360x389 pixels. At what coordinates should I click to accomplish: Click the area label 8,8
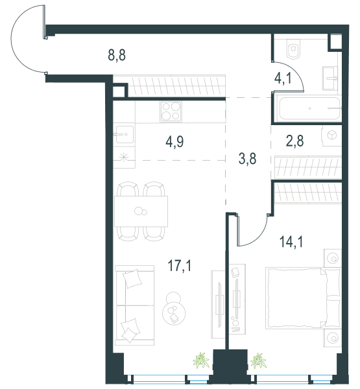tap(117, 55)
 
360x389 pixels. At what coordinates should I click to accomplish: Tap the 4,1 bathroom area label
tap(283, 78)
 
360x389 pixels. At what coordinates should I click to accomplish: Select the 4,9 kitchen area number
tap(174, 142)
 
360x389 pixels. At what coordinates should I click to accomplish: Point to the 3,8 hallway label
tap(247, 159)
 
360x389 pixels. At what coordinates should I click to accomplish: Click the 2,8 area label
tap(294, 141)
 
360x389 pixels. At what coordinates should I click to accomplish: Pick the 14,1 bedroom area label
tap(291, 242)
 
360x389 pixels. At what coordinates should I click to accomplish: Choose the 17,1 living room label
tap(180, 266)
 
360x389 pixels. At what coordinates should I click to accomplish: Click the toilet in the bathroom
tap(293, 49)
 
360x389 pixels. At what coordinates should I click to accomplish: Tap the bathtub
tap(309, 108)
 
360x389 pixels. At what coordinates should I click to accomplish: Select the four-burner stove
tap(171, 112)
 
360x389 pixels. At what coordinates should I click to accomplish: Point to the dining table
tap(141, 211)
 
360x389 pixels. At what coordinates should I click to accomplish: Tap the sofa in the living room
tap(135, 305)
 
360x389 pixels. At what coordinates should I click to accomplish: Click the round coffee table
tap(174, 313)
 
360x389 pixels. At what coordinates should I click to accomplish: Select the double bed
tap(303, 298)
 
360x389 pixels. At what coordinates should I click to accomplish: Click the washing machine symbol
tap(331, 136)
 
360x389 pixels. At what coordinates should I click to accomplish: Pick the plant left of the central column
tap(201, 360)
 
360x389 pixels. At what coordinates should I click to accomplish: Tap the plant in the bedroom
tap(258, 360)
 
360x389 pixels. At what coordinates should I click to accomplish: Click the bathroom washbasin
tap(330, 78)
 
